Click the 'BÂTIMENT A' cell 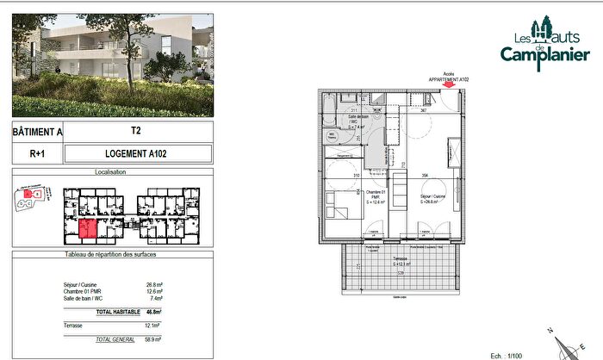point(37,133)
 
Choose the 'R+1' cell point(37,154)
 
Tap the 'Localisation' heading point(110,172)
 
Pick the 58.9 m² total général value point(154,340)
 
